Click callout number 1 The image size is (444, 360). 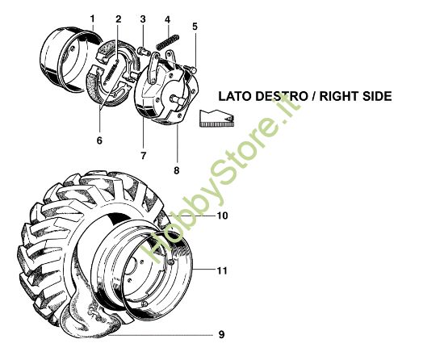pos(92,19)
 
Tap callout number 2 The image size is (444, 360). pos(118,19)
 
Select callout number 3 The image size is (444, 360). pos(142,19)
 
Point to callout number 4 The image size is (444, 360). pos(166,19)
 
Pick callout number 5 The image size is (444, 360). pos(195,26)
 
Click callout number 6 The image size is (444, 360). pos(99,140)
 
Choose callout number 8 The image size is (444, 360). pos(177,170)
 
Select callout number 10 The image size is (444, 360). pos(222,216)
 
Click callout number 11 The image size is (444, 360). pos(222,270)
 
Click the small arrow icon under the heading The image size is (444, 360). pos(216,118)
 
